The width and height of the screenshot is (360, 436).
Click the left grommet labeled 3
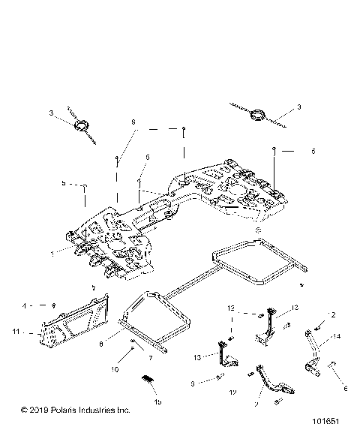tap(81, 124)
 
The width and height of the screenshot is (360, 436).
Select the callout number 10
tap(116, 368)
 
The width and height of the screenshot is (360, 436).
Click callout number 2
tap(332, 314)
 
